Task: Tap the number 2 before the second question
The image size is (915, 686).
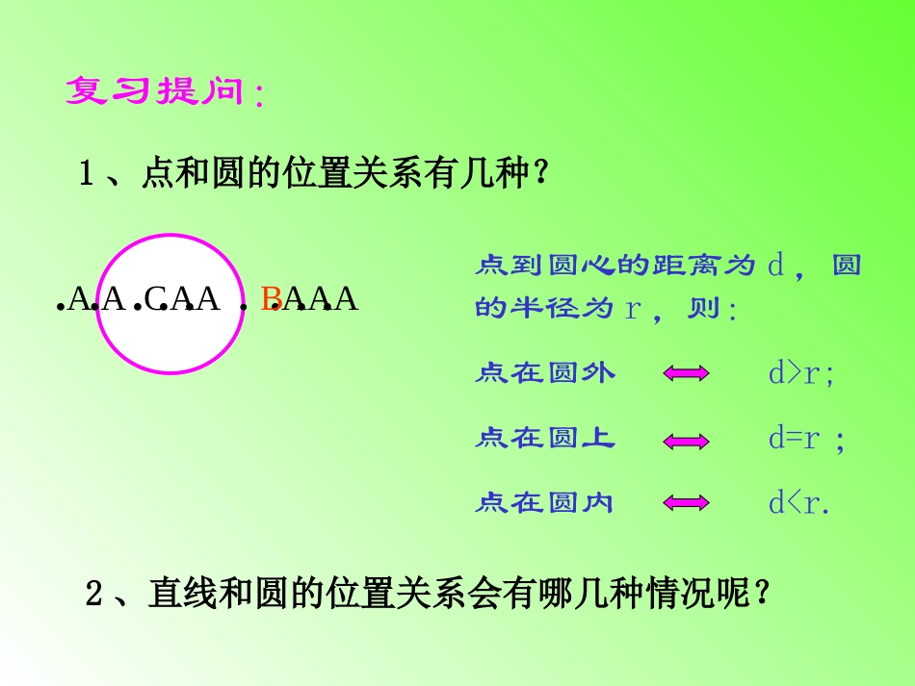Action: [94, 595]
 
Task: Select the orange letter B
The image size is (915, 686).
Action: [271, 299]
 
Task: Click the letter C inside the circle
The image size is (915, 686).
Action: [155, 299]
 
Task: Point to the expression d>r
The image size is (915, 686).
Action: [799, 373]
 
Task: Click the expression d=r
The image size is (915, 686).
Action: [794, 439]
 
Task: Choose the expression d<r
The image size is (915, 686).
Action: [797, 502]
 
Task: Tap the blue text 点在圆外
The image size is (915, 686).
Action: [545, 373]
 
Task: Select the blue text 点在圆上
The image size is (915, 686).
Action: [545, 439]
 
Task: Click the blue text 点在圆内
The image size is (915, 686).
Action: [545, 502]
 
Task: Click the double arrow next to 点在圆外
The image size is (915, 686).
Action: [687, 374]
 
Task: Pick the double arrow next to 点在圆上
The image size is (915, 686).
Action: [687, 441]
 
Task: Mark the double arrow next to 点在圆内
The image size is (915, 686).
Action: [687, 503]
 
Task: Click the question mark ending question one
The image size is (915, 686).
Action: [541, 175]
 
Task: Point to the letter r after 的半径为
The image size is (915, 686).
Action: [633, 309]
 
